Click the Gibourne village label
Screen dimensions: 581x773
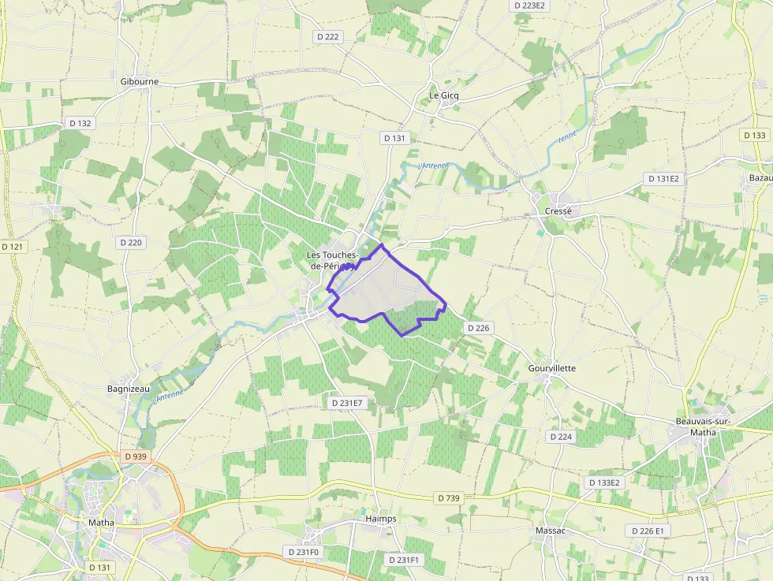(140, 81)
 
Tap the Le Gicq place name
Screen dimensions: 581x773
(443, 95)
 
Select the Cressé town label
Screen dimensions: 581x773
(558, 211)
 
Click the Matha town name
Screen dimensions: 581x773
(101, 522)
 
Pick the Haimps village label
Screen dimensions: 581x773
(381, 519)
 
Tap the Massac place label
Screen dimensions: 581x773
(551, 531)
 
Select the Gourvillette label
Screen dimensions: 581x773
(551, 368)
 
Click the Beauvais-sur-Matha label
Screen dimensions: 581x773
(703, 426)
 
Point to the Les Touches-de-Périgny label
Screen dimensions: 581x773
(333, 260)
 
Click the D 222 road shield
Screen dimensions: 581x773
(327, 36)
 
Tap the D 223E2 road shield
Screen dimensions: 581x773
(530, 6)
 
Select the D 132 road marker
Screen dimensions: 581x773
(80, 123)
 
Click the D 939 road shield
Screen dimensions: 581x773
(136, 456)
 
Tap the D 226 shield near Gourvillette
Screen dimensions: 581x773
(479, 327)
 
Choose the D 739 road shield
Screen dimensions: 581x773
(448, 497)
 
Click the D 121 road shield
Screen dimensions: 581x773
(13, 247)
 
